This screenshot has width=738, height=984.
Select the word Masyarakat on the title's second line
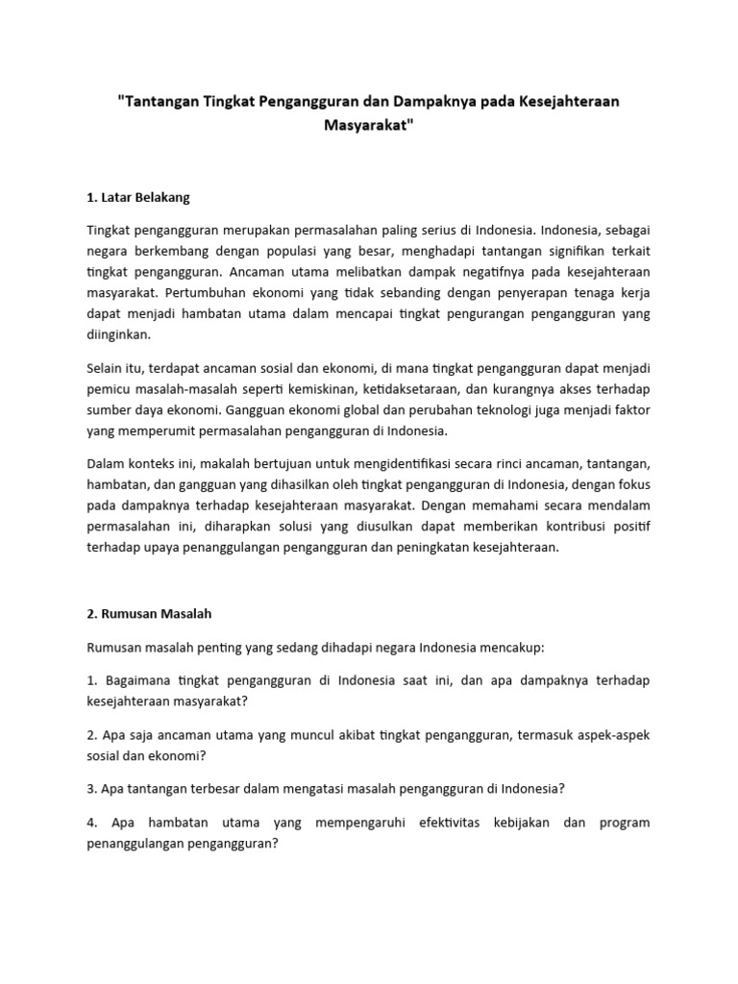pyautogui.click(x=369, y=127)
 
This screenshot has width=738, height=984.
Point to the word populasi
pyautogui.click(x=296, y=252)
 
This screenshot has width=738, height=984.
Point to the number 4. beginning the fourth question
pyautogui.click(x=93, y=823)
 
